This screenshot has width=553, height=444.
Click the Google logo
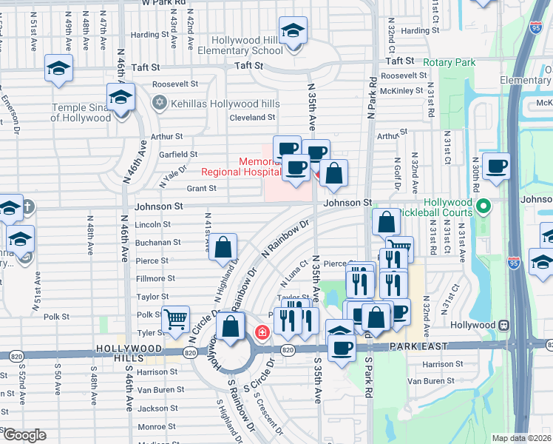(x=24, y=435)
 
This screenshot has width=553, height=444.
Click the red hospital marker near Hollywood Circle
(x=261, y=333)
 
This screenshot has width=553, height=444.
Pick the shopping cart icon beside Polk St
(x=175, y=320)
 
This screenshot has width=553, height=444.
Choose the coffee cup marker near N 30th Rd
(x=496, y=166)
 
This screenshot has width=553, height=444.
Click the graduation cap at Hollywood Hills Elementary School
(x=294, y=32)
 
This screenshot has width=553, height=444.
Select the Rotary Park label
(x=449, y=63)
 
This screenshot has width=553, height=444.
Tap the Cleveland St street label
(x=252, y=118)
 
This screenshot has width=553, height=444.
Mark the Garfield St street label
(x=178, y=155)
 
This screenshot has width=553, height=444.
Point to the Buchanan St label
(x=157, y=242)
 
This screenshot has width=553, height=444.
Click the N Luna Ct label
(x=294, y=274)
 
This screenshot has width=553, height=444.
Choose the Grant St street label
(x=201, y=189)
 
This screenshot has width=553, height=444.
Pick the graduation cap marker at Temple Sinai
(x=121, y=97)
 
